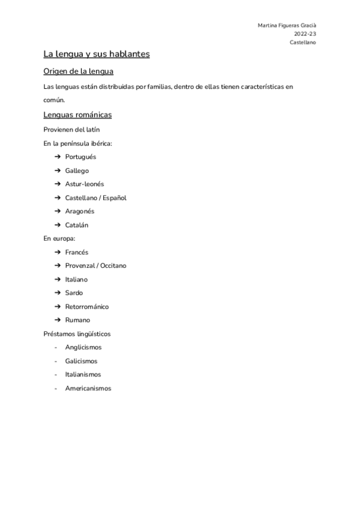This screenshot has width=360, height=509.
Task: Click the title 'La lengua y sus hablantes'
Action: click(96, 54)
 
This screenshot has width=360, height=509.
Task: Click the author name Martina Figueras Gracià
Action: click(287, 26)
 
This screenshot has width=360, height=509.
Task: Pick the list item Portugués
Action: click(80, 157)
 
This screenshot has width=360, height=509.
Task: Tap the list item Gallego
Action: click(77, 170)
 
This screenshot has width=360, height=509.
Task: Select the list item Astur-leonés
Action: click(84, 184)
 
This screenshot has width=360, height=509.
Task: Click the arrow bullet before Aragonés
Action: click(58, 211)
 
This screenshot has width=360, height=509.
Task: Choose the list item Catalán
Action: click(77, 225)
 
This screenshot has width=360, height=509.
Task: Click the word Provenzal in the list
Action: click(80, 265)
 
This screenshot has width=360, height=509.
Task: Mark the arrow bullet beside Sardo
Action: click(58, 293)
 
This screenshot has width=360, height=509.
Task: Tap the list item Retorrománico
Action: click(87, 307)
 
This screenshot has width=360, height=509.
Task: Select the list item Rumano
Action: click(77, 320)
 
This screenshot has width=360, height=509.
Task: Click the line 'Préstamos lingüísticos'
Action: click(77, 334)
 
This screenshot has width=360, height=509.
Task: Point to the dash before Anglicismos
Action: click(56, 348)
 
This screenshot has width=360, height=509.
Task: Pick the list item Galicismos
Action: click(81, 361)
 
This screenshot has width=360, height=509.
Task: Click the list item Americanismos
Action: click(88, 388)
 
